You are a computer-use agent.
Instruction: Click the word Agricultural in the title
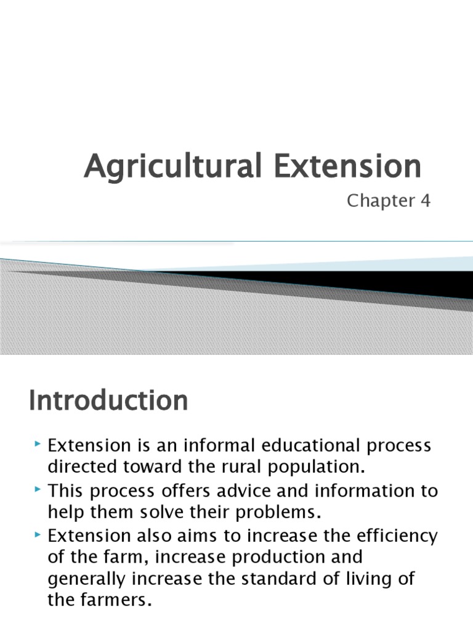[163, 167]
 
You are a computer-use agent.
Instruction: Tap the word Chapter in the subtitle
[374, 201]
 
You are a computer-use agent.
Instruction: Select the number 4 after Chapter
[425, 201]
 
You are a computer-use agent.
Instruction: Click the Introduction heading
[108, 401]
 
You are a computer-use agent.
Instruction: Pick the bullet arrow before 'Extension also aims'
[38, 534]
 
